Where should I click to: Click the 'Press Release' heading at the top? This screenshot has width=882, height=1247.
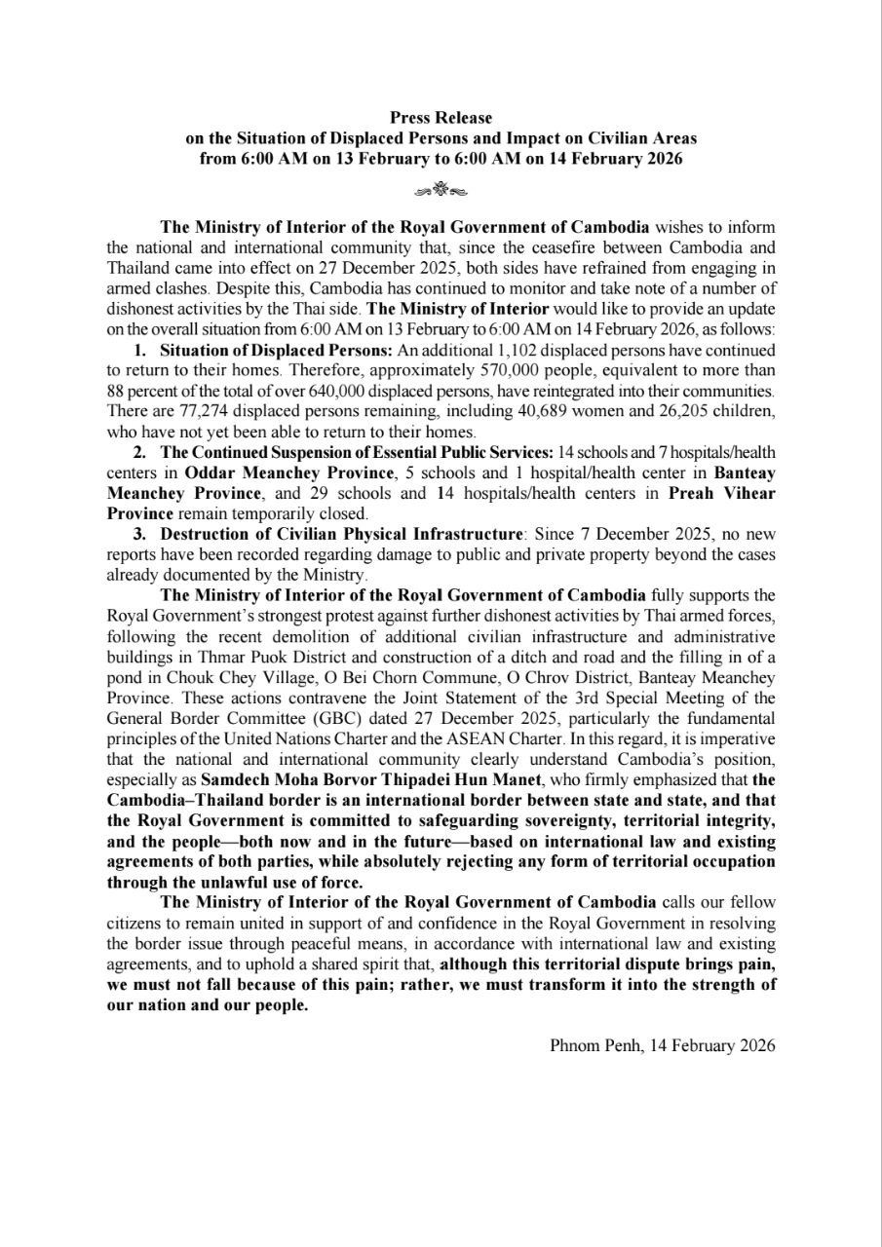point(441,118)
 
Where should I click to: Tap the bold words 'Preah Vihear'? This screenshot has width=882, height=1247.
point(722,493)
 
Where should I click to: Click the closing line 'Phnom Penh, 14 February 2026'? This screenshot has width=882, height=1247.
point(663,1045)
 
